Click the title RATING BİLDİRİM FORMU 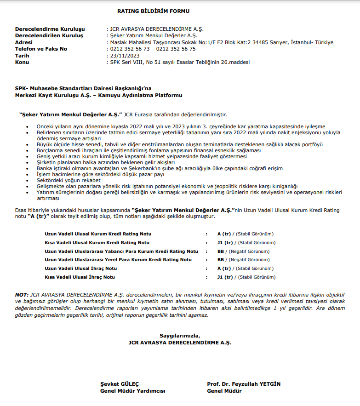tap(153, 11)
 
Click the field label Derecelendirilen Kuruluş tap(49, 35)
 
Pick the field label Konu tap(22, 62)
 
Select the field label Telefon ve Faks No tap(41, 49)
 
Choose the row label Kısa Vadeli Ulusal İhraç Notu tap(80, 277)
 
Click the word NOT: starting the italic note tap(22, 294)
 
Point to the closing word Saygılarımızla tap(180, 336)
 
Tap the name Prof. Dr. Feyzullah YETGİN tap(244, 384)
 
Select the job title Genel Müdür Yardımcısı tap(132, 391)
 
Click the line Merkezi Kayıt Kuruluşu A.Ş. tap(98, 95)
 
